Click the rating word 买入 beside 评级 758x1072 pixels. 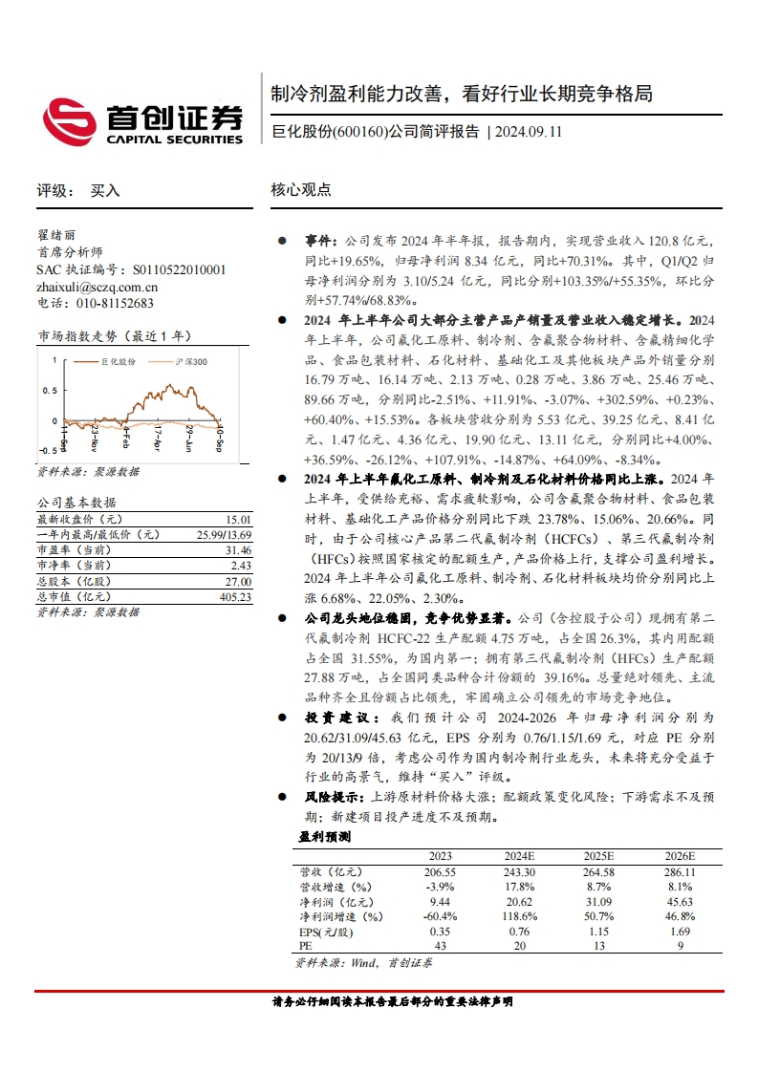(105, 190)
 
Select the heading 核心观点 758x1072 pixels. (301, 190)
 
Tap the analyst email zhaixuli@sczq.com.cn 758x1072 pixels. (97, 287)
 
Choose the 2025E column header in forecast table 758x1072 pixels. (598, 855)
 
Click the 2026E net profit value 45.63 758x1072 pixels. (681, 902)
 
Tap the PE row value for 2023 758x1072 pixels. (440, 946)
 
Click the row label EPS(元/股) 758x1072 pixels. (326, 932)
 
